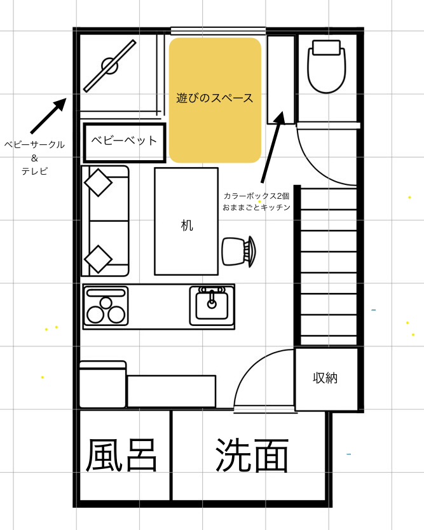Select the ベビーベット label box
click(x=125, y=141)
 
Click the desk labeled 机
click(x=186, y=221)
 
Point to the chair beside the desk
click(x=239, y=250)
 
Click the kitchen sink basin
click(x=212, y=305)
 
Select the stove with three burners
click(x=106, y=306)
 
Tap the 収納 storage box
click(x=325, y=378)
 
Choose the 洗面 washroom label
click(x=252, y=455)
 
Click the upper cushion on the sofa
click(x=99, y=183)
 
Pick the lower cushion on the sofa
click(x=99, y=259)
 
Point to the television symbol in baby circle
click(x=110, y=65)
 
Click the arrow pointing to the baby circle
click(x=48, y=116)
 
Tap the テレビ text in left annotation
click(x=34, y=171)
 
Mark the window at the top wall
click(x=218, y=31)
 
